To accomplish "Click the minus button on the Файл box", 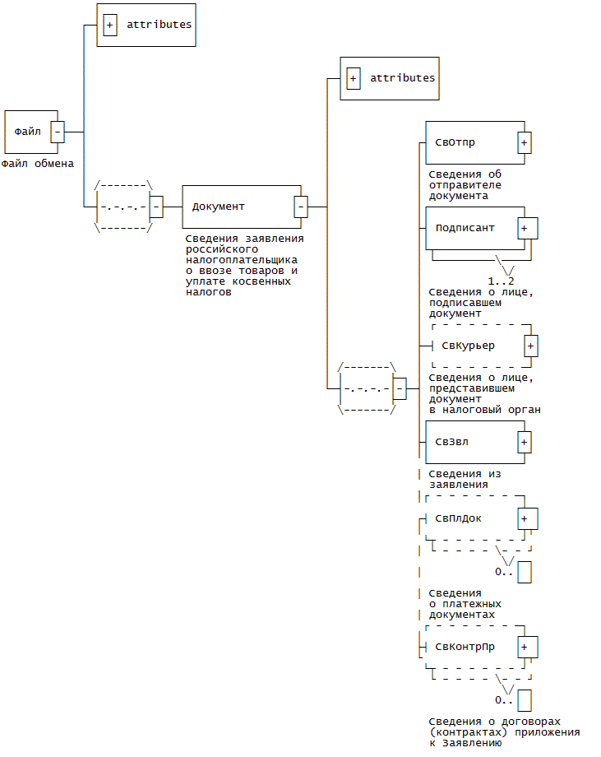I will tap(58, 132).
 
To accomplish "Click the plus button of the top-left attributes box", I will tap(109, 25).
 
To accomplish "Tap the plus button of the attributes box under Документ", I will tap(353, 79).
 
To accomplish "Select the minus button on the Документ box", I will tap(301, 206).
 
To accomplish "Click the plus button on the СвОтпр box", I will tap(524, 143).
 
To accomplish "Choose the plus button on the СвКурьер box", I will tap(531, 346).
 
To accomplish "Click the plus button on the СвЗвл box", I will tap(524, 442).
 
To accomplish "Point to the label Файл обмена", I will tap(38, 163).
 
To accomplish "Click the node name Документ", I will tap(218, 206).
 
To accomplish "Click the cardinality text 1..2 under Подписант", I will tap(501, 281).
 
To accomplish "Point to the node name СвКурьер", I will tap(468, 346).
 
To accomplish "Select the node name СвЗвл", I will tap(452, 442).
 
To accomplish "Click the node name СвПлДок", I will tap(459, 518).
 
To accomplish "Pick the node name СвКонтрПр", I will tap(465, 647).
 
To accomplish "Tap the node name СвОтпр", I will tap(455, 143).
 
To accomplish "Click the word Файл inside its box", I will tap(27, 132).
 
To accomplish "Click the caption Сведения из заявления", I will tap(465, 479).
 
